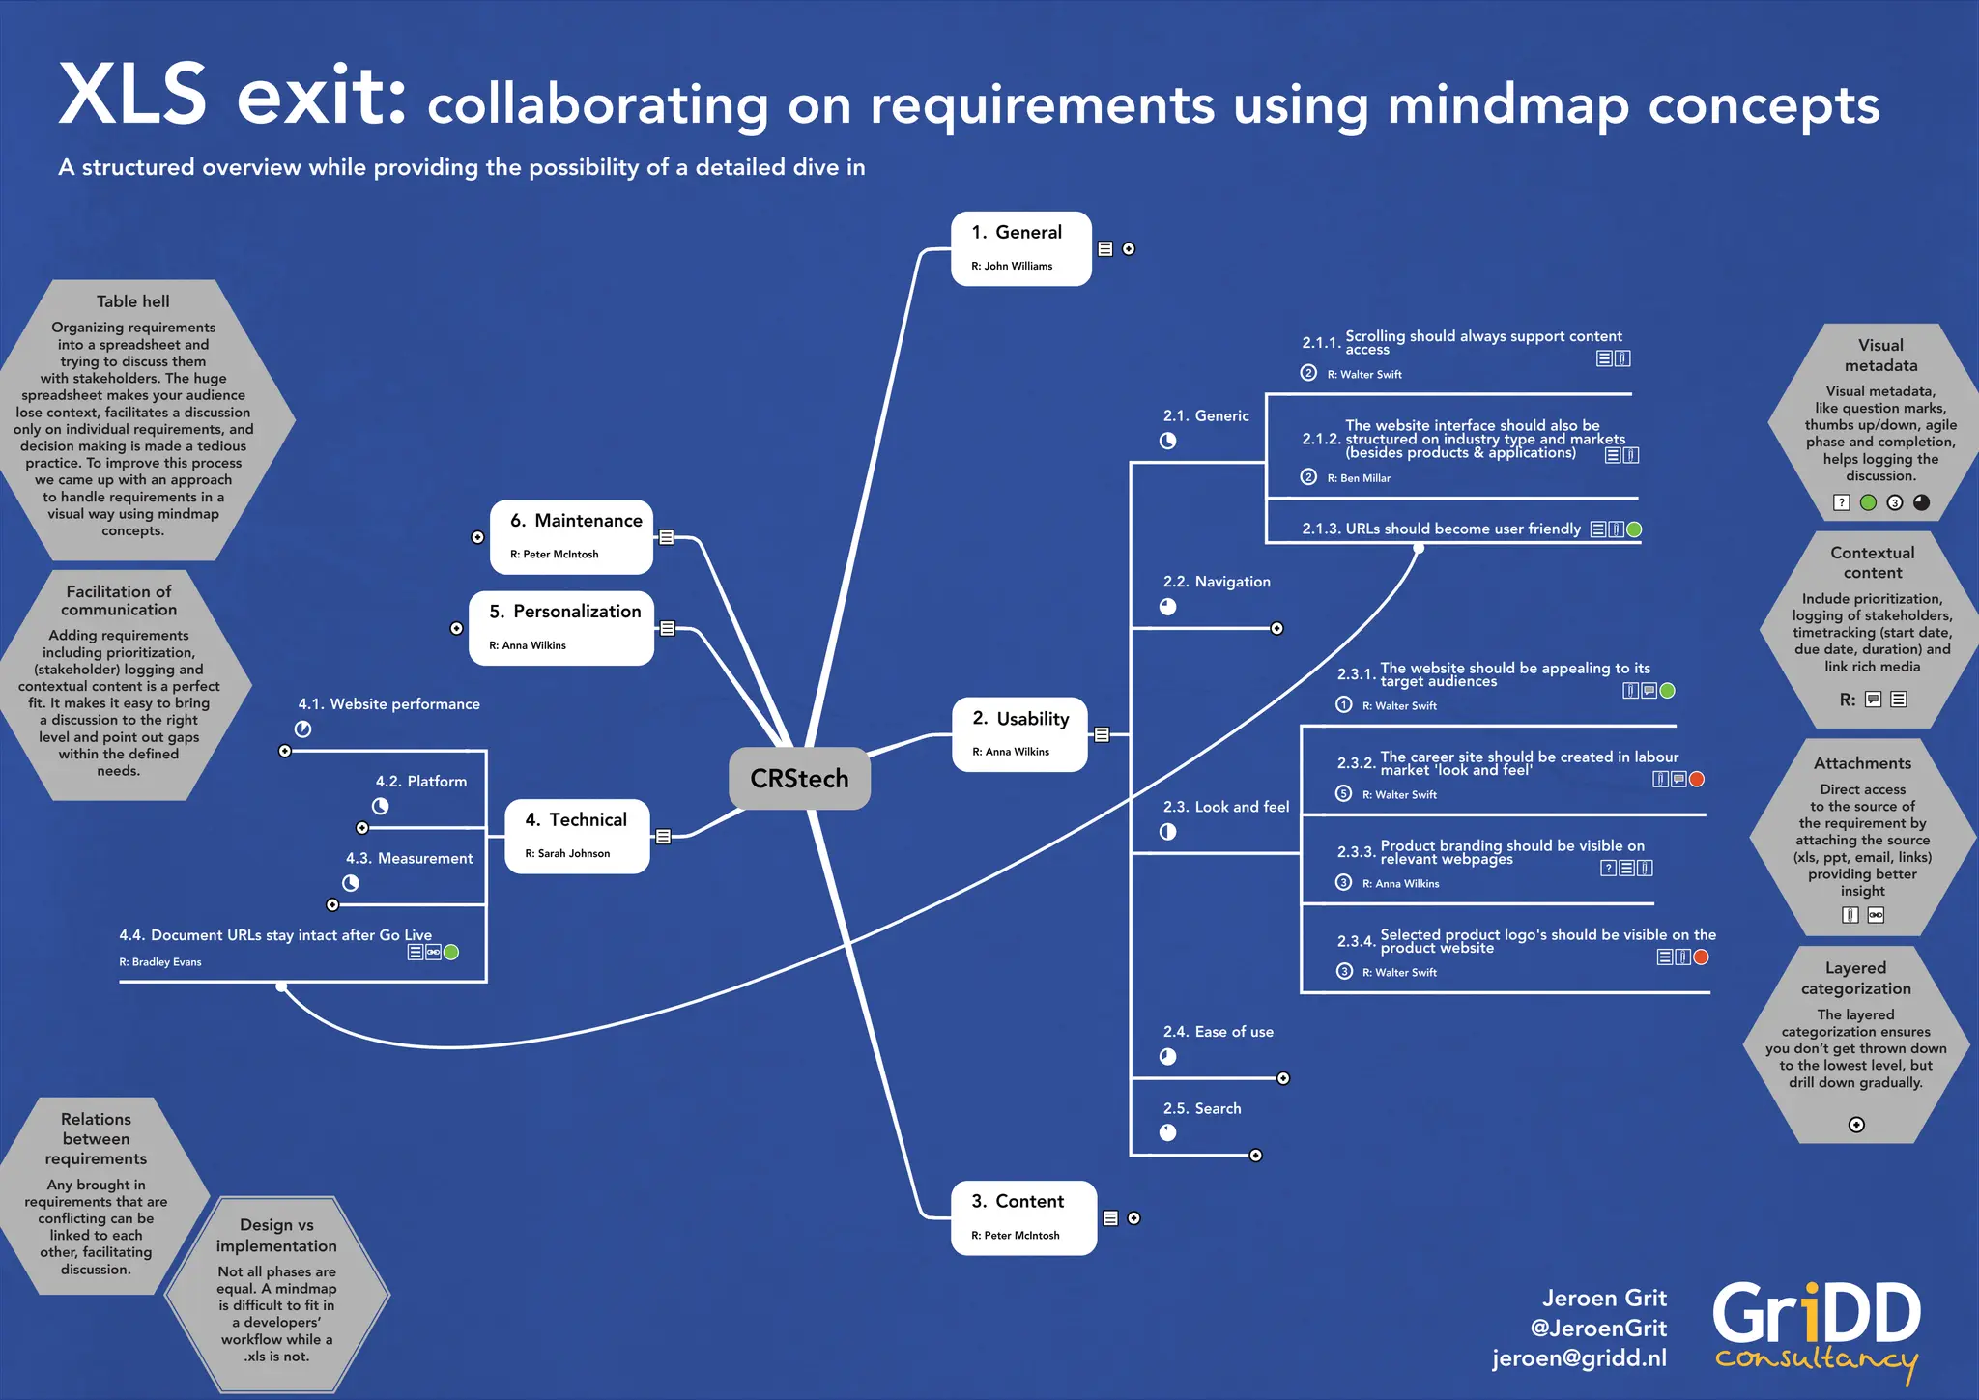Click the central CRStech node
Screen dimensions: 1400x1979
tap(799, 779)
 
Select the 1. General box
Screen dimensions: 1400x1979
tap(1020, 248)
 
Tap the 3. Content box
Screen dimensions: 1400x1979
tap(1023, 1217)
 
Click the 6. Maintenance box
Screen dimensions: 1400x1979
tap(571, 536)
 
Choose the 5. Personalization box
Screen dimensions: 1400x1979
tap(560, 628)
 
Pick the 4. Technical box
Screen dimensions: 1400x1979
tap(577, 836)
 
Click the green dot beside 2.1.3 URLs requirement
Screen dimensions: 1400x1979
tap(1634, 529)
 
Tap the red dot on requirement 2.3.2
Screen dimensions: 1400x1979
tap(1697, 779)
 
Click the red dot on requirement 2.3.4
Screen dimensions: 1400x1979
tap(1701, 957)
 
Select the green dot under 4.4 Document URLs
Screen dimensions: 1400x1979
tap(450, 952)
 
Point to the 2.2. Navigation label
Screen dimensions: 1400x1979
tap(1217, 582)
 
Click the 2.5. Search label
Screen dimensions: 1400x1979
tap(1202, 1108)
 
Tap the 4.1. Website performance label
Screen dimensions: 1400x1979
tap(388, 704)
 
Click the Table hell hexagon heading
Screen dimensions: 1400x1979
tap(133, 301)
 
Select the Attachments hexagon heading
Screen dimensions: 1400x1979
tap(1862, 763)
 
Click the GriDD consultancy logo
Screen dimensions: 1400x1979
tap(1817, 1329)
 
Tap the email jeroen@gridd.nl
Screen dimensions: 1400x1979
tap(1579, 1357)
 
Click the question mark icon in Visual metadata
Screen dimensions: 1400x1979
tap(1842, 502)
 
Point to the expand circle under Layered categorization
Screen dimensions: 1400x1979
tap(1856, 1125)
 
